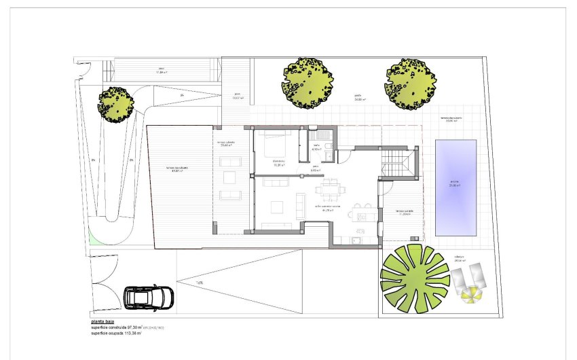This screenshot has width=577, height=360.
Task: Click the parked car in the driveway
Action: click(x=149, y=297)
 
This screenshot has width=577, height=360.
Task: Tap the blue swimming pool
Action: click(x=455, y=187)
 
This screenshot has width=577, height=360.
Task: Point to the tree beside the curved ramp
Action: click(x=115, y=104)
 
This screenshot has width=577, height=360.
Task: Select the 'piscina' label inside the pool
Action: click(x=454, y=182)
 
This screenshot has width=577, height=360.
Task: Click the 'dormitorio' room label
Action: click(x=278, y=162)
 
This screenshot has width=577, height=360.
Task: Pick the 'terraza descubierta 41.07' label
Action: click(x=181, y=169)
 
